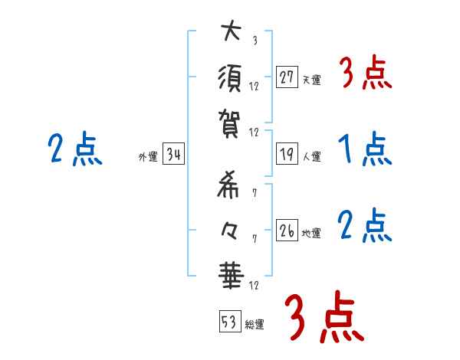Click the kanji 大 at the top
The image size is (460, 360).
click(x=231, y=34)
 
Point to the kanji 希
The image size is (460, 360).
click(x=231, y=182)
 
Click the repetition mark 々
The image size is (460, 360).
click(x=231, y=227)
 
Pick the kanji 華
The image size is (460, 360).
click(x=231, y=273)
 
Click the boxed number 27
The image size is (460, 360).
click(x=287, y=77)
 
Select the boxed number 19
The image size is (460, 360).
click(x=287, y=154)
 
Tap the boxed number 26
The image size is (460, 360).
click(x=287, y=230)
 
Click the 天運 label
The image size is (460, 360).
click(x=312, y=80)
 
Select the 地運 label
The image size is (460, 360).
click(x=312, y=233)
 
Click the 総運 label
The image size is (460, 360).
click(x=255, y=325)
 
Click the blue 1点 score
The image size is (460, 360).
click(x=365, y=150)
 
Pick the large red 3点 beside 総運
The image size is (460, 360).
click(x=322, y=318)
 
